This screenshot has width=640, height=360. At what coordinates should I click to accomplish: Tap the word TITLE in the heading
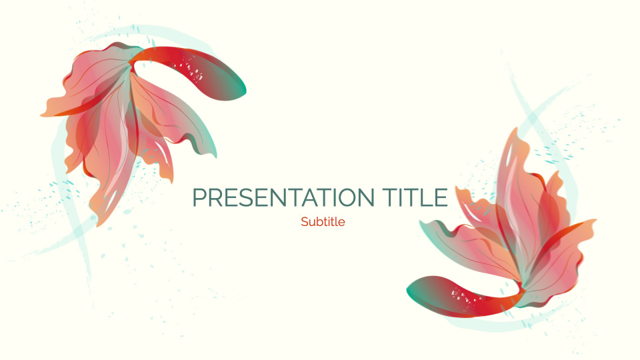pyautogui.click(x=415, y=198)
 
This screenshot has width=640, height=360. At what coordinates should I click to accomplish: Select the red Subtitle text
pyautogui.click(x=323, y=222)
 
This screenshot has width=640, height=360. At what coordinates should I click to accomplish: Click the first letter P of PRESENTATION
pyautogui.click(x=198, y=198)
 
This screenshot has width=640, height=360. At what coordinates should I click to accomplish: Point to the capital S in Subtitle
pyautogui.click(x=304, y=222)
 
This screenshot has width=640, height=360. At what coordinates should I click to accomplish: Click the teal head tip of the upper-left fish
pyautogui.click(x=242, y=87)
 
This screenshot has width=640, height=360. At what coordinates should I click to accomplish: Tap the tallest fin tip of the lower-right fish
pyautogui.click(x=513, y=129)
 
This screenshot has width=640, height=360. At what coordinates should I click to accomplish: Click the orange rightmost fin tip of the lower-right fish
pyautogui.click(x=594, y=222)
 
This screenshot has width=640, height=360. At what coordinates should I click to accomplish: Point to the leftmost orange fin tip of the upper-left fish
pyautogui.click(x=43, y=115)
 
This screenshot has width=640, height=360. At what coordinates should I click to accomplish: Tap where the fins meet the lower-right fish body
pyautogui.click(x=517, y=293)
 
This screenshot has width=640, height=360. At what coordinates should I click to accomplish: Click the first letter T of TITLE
pyautogui.click(x=391, y=198)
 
